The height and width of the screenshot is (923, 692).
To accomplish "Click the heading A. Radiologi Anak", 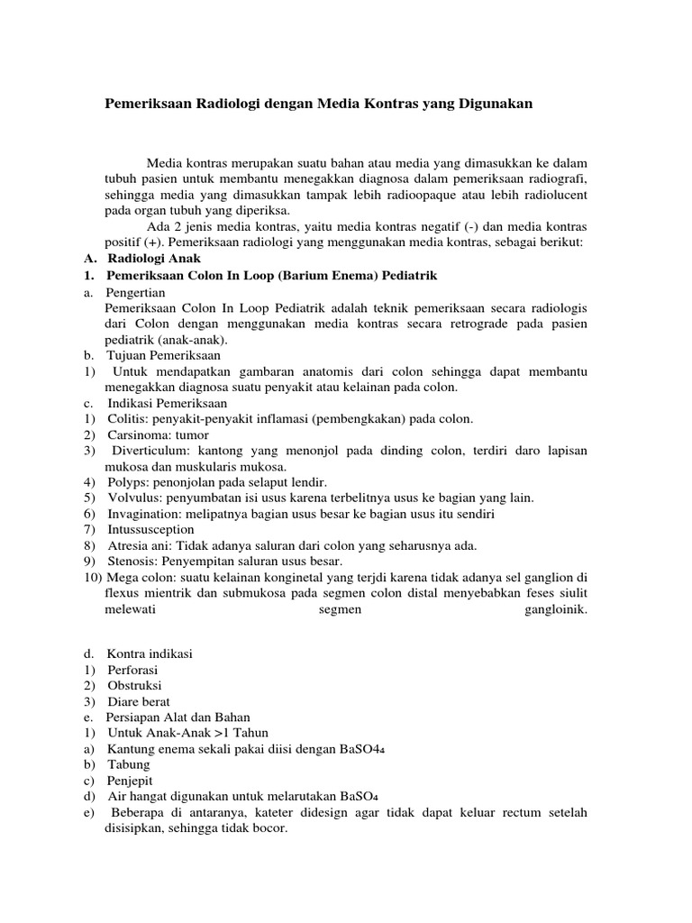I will [143, 259].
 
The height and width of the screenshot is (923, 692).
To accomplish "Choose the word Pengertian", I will [135, 291].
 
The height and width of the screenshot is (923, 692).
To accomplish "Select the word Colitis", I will [127, 419].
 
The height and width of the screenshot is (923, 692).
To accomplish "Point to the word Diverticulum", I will [150, 451].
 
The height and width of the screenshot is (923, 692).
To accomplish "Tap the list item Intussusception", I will [150, 529].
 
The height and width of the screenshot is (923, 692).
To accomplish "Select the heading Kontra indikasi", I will [150, 653].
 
